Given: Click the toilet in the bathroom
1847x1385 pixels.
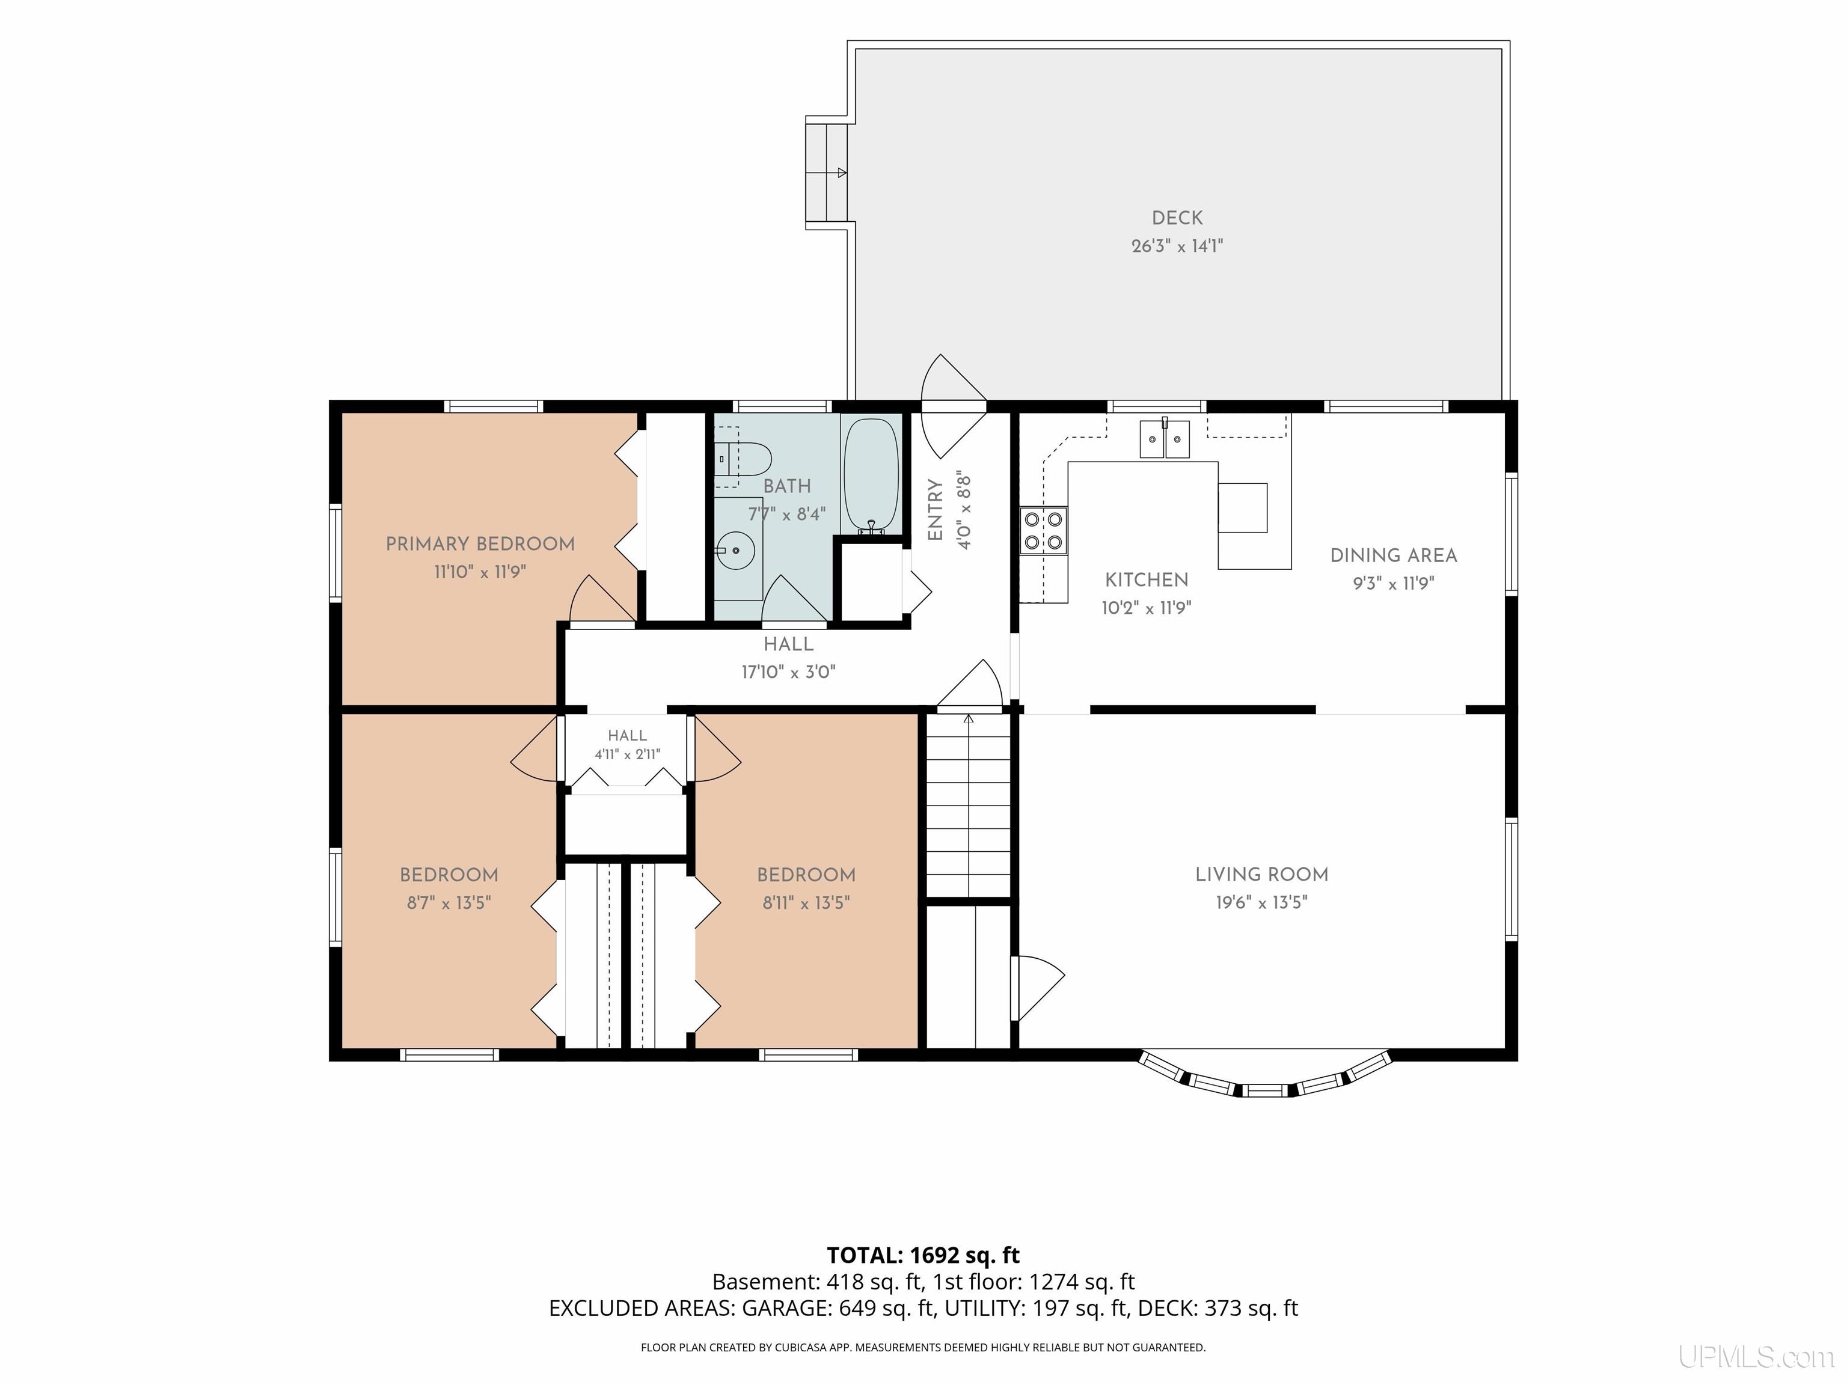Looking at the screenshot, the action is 743,457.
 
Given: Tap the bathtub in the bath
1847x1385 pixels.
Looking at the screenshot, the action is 871,476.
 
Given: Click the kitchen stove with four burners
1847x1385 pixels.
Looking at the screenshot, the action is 1043,531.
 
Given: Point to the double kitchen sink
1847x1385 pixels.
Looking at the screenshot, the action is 1165,439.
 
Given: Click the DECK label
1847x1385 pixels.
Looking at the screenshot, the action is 1177,218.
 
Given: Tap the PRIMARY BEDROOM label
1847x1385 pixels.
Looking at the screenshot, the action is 480,544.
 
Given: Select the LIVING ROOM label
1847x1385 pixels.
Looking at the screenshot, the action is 1261,874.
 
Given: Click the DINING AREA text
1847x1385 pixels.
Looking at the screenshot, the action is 1394,555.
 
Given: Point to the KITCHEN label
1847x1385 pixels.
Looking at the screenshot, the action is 1147,579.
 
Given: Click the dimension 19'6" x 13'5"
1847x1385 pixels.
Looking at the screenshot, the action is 1261,902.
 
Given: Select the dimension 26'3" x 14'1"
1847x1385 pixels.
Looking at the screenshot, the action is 1177,245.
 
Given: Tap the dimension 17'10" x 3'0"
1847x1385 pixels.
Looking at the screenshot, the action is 788,672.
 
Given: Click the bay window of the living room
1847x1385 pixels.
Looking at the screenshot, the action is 1266,1076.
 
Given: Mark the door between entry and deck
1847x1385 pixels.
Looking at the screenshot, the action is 954,406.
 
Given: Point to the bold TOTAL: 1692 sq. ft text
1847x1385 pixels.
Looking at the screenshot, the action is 923,1256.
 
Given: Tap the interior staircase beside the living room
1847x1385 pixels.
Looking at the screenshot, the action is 969,805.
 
